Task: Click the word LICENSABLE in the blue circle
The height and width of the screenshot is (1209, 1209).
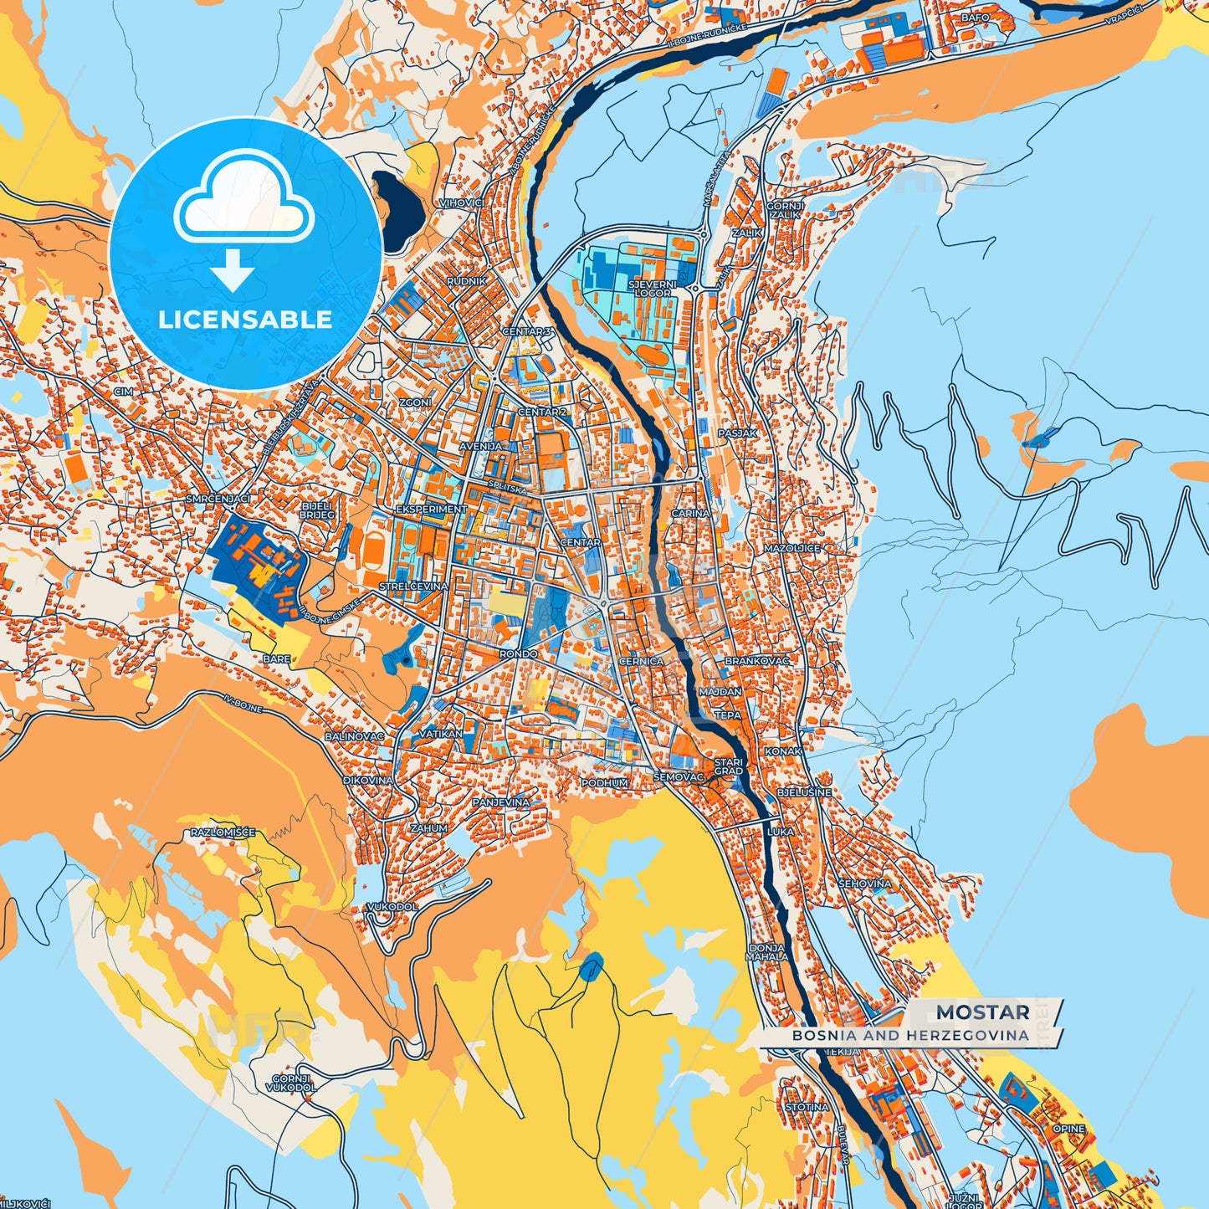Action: pyautogui.click(x=245, y=320)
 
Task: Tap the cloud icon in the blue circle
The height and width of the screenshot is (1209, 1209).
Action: pyautogui.click(x=243, y=200)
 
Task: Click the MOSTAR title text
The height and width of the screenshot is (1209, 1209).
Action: pyautogui.click(x=982, y=1012)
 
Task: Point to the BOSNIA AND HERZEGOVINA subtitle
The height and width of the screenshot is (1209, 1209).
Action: pyautogui.click(x=910, y=1035)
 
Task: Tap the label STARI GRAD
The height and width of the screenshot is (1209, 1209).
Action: pyautogui.click(x=728, y=766)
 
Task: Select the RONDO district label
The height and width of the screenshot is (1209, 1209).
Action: pyautogui.click(x=519, y=653)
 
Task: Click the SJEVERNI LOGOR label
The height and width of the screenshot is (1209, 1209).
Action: pyautogui.click(x=652, y=289)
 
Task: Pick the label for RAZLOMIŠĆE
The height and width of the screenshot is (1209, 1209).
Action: pyautogui.click(x=223, y=832)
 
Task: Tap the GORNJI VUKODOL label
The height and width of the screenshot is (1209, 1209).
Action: pyautogui.click(x=290, y=1083)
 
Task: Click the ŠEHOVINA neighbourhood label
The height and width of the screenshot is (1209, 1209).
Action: pyautogui.click(x=864, y=884)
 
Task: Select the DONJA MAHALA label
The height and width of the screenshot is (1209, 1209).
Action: pyautogui.click(x=766, y=952)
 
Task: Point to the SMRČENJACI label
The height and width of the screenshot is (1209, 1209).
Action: pyautogui.click(x=218, y=498)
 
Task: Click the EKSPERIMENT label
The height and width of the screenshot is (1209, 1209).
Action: pyautogui.click(x=431, y=509)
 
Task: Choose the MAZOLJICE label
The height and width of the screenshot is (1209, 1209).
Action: pyautogui.click(x=791, y=548)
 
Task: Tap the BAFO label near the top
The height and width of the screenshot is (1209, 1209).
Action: pyautogui.click(x=975, y=17)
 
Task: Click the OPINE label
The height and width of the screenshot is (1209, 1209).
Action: pyautogui.click(x=1068, y=1129)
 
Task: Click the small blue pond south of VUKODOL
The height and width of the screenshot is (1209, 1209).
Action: pyautogui.click(x=592, y=967)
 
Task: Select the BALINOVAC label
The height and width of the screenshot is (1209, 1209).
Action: pyautogui.click(x=354, y=736)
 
